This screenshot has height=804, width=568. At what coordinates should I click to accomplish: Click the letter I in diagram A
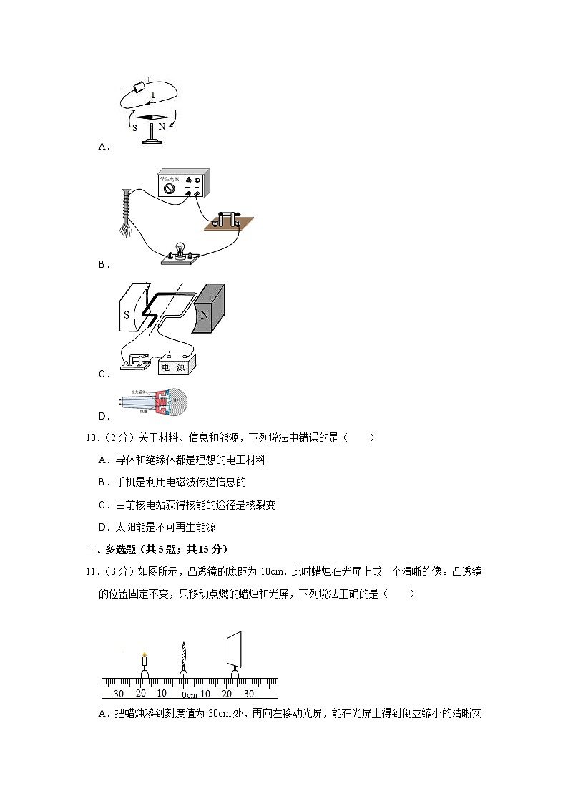pyautogui.click(x=153, y=95)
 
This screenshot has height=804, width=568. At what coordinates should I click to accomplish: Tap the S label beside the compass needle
pyautogui.click(x=134, y=127)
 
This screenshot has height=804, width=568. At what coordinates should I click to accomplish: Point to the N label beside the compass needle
pyautogui.click(x=162, y=127)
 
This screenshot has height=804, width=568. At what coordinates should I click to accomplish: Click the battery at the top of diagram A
pyautogui.click(x=139, y=87)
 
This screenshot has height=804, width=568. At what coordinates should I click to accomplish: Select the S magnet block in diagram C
pyautogui.click(x=128, y=314)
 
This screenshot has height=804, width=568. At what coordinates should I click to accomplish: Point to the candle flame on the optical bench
pyautogui.click(x=145, y=654)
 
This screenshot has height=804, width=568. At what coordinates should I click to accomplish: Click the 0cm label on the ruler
pyautogui.click(x=189, y=694)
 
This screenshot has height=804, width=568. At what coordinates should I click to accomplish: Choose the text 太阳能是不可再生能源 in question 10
pyautogui.click(x=165, y=527)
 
